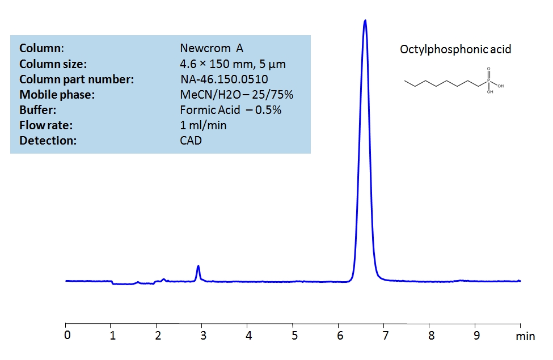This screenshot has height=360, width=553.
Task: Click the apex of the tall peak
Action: pyautogui.click(x=365, y=21)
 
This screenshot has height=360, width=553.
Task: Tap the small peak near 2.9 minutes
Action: pyautogui.click(x=198, y=266)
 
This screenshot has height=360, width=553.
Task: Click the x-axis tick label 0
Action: pyautogui.click(x=67, y=335)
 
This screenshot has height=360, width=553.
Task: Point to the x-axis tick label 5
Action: pyautogui.click(x=293, y=335)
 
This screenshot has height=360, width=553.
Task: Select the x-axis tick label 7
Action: pyautogui.click(x=385, y=335)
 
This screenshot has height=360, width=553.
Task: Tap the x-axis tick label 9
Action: pyautogui.click(x=476, y=335)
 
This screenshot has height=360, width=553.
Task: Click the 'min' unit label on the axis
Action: pyautogui.click(x=525, y=336)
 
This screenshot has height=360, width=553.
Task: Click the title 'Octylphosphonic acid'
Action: pyautogui.click(x=455, y=49)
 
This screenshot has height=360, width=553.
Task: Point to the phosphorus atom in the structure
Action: pyautogui.click(x=488, y=82)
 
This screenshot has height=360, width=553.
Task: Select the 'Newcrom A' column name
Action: pyautogui.click(x=212, y=49)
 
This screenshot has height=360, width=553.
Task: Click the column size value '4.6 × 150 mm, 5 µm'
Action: pyautogui.click(x=233, y=64)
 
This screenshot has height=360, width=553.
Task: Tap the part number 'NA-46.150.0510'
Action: pyautogui.click(x=224, y=79)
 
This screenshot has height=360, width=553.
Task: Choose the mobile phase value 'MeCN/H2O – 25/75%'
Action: pyautogui.click(x=237, y=95)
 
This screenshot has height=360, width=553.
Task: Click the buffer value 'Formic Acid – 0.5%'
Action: pyautogui.click(x=230, y=110)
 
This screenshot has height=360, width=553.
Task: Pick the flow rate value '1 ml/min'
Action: pyautogui.click(x=203, y=125)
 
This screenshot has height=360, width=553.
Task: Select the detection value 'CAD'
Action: pyautogui.click(x=191, y=141)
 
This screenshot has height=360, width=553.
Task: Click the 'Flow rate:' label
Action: pyautogui.click(x=46, y=125)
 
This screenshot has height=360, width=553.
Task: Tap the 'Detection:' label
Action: pyautogui.click(x=48, y=141)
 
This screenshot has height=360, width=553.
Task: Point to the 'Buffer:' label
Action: pyautogui.click(x=37, y=110)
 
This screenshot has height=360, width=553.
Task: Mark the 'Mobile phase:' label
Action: pyautogui.click(x=57, y=95)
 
